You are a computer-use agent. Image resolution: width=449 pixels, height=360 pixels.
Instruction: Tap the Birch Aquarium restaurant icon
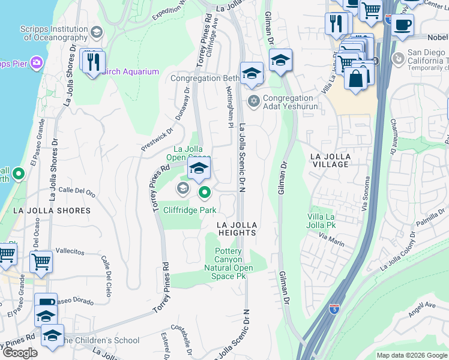pos(93,62)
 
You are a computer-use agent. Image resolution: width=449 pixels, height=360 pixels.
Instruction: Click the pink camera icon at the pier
pos(37,62)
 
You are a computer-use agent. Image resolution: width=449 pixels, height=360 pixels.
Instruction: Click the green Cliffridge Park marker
pos(205,193)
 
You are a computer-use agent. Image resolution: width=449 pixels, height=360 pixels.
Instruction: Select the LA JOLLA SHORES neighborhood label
pos(52,211)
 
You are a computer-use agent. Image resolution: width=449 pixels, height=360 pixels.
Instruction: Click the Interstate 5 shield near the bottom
pos(334,309)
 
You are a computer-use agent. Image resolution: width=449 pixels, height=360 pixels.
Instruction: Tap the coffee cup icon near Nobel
pos(403,24)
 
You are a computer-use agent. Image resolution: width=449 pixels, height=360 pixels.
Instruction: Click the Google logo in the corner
pos(20,352)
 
